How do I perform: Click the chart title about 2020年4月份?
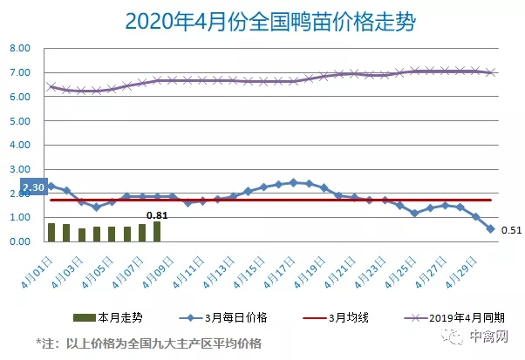[x=262, y=19]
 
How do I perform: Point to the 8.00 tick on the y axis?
[x=21, y=49]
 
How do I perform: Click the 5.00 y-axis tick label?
[x=21, y=121]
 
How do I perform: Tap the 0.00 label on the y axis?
[x=21, y=241]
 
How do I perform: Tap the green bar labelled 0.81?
[x=157, y=231]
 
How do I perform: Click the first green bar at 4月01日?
[x=51, y=232]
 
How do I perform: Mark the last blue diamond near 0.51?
[x=490, y=229]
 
